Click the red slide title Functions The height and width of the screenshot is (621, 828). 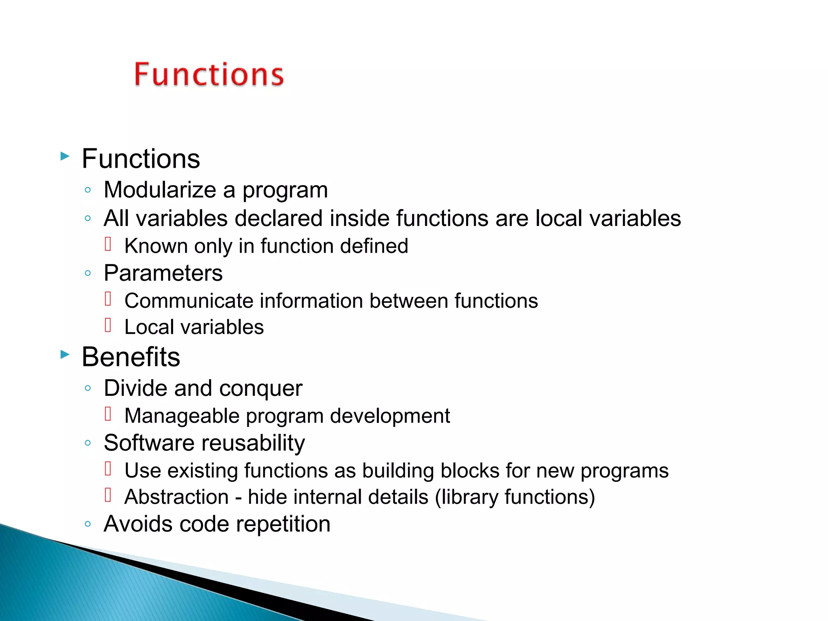[x=209, y=75]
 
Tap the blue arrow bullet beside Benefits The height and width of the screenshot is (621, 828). [x=65, y=355]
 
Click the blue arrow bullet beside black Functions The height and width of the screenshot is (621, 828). [x=65, y=156]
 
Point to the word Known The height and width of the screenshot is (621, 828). [x=156, y=246]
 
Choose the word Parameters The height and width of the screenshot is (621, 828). [x=163, y=273]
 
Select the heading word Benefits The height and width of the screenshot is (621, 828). [x=131, y=357]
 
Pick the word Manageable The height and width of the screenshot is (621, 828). [x=182, y=416]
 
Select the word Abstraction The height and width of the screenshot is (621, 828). [x=177, y=497]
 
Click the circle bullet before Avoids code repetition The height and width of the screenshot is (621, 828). [x=88, y=524]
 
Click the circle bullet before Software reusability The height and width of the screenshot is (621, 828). [x=88, y=443]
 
